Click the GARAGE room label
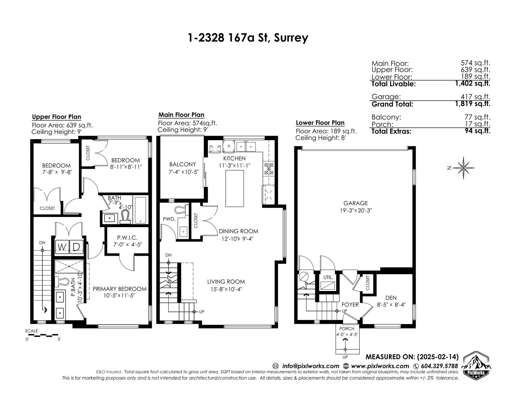coord(355,203)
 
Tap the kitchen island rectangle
coord(235,188)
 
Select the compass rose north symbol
coord(463,168)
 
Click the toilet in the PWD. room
coord(182,210)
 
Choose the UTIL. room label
coord(328,277)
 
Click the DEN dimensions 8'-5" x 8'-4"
coord(391,305)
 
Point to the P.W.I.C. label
coord(127,238)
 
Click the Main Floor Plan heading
coord(181,115)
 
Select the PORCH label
coord(347,329)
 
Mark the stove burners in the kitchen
coord(269,169)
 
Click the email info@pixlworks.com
coord(311,366)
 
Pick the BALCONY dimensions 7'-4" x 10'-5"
coord(184,172)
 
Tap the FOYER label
coord(350,305)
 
